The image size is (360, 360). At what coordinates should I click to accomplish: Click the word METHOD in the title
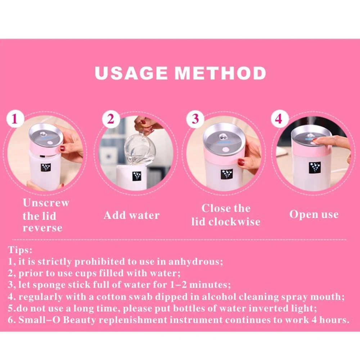pyautogui.click(x=220, y=73)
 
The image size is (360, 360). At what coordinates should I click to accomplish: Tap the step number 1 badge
pyautogui.click(x=15, y=118)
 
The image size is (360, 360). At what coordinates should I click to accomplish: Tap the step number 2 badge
pyautogui.click(x=110, y=119)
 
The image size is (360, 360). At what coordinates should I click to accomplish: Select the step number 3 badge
pyautogui.click(x=195, y=119)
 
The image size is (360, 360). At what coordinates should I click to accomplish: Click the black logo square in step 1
pyautogui.click(x=46, y=168)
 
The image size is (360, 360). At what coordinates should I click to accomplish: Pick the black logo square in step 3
pyautogui.click(x=226, y=174)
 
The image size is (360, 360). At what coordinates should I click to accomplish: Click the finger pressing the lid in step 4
pyautogui.click(x=329, y=141)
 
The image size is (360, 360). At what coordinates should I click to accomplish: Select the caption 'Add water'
pyautogui.click(x=131, y=215)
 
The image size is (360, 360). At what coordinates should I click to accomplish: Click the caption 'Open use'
pyautogui.click(x=314, y=215)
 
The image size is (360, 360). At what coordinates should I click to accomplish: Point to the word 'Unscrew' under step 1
pyautogui.click(x=46, y=203)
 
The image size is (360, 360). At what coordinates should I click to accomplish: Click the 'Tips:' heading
pyautogui.click(x=20, y=250)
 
